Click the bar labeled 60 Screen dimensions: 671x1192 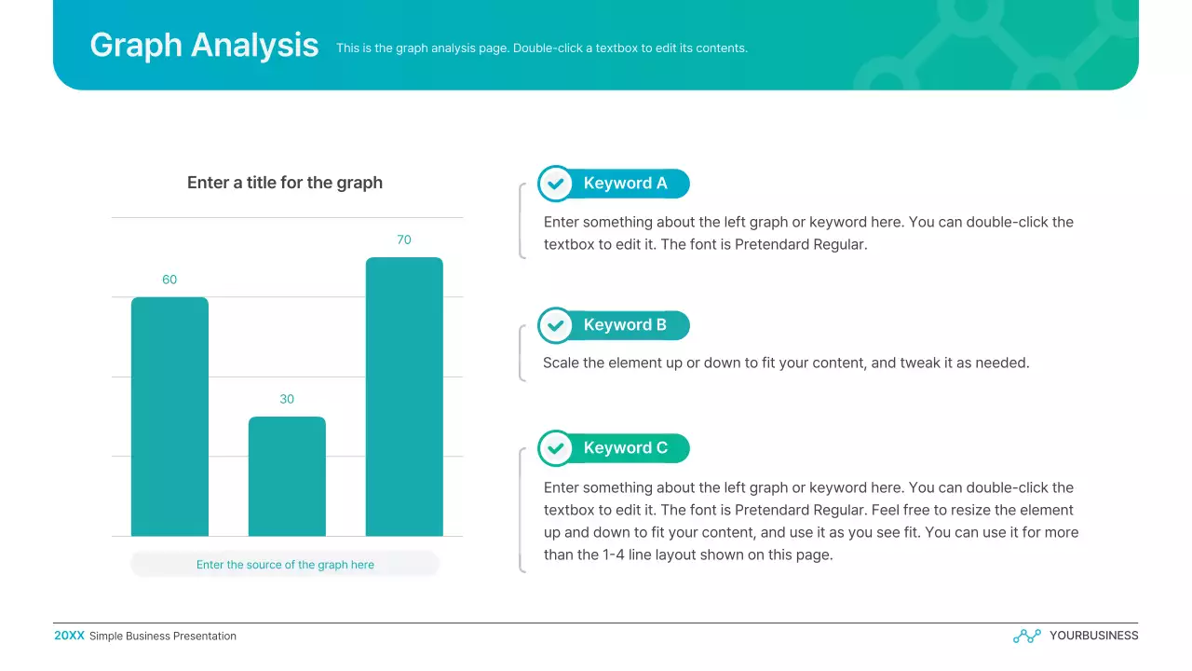pos(169,417)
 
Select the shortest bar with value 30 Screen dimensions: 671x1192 pos(287,476)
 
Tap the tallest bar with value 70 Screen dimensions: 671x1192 pos(404,397)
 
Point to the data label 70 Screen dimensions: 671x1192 pos(404,240)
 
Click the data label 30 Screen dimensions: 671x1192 pos(287,399)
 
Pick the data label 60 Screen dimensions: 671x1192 pos(169,280)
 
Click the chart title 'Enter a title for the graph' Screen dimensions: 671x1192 pos(285,183)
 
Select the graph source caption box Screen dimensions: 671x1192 pos(285,565)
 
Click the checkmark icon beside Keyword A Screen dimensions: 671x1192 pos(556,184)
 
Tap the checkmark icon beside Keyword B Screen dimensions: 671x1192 pos(556,325)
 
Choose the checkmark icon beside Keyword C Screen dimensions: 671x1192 pos(556,448)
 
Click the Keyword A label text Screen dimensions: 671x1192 pos(625,184)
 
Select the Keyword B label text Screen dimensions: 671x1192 pos(625,325)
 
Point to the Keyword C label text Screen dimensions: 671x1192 pos(625,448)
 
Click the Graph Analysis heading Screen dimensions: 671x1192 pos(204,45)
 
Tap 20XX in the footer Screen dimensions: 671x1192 pos(69,636)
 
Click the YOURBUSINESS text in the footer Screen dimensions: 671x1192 pos(1093,636)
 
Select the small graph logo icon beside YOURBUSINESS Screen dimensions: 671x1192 pos(1026,636)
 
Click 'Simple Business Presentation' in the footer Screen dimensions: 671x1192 pos(163,637)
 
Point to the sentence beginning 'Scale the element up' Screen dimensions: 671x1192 pos(786,363)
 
